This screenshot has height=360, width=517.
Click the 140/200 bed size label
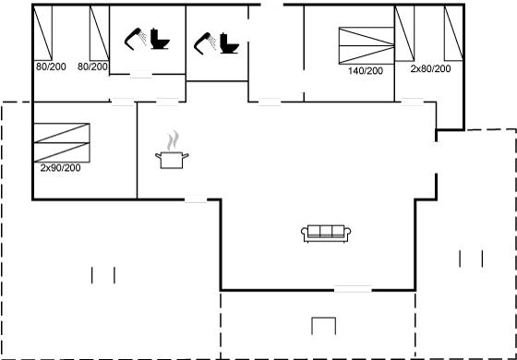tap(366, 71)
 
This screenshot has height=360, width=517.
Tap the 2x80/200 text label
tap(430, 69)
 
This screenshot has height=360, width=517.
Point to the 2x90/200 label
tap(60, 168)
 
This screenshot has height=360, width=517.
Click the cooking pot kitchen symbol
tap(172, 160)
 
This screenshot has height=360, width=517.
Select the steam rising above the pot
tap(173, 140)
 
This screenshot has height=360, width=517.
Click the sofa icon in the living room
tap(326, 234)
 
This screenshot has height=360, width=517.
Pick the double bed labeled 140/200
tap(367, 46)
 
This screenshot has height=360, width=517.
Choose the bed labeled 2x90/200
tap(62, 143)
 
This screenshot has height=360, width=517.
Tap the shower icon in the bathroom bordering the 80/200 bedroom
tap(135, 39)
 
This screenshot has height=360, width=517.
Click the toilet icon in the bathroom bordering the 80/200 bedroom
tap(160, 39)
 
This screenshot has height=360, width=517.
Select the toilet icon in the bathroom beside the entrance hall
tap(229, 42)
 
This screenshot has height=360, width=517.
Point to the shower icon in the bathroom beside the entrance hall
tap(205, 43)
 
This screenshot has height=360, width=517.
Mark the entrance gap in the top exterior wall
tap(272, 5)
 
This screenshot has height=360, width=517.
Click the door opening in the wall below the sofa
tap(353, 290)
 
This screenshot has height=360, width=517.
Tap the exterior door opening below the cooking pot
tap(196, 199)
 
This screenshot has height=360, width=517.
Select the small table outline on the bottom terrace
tap(323, 326)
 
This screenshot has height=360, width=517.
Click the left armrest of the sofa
tap(305, 233)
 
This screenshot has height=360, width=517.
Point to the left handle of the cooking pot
tap(158, 156)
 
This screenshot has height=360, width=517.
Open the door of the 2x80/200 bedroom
tap(412, 102)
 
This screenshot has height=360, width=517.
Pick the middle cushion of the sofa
tap(326, 231)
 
